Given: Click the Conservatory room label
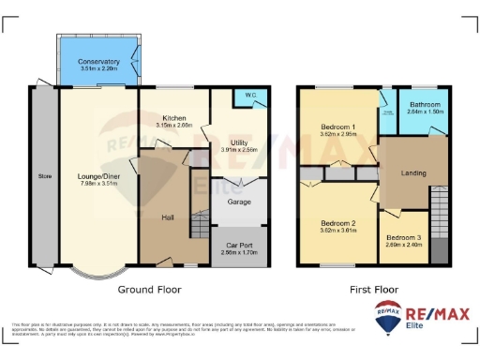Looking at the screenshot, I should [98, 62].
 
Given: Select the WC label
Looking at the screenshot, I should [249, 95].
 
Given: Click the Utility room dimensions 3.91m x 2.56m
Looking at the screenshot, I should [237, 149].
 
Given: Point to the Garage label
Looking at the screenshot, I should [238, 200].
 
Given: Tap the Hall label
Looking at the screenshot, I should [168, 217].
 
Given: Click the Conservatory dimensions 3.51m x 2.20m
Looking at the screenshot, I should [98, 69].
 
